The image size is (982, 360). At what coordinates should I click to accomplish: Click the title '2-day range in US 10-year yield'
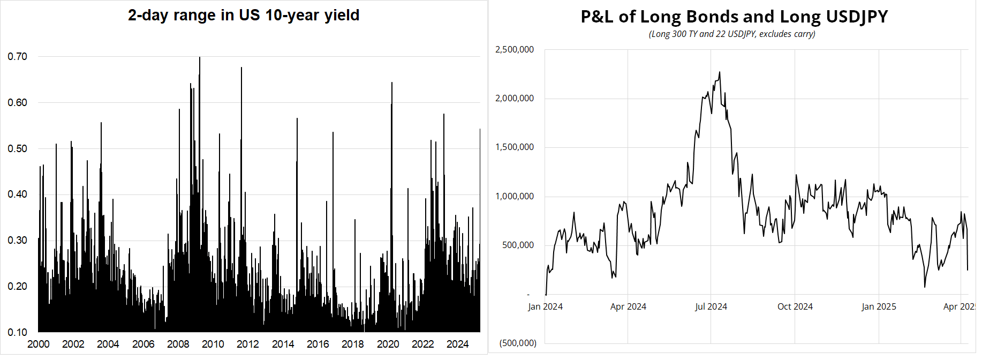244,15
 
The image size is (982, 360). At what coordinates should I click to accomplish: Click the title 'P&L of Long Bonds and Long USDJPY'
734,17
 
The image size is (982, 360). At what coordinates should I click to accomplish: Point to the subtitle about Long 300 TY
732,34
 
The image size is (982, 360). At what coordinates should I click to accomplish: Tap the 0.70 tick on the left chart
18,56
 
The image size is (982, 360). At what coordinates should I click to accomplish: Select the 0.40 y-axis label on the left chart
18,194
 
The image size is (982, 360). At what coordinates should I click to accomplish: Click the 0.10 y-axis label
18,332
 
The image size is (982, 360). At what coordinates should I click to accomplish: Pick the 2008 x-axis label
178,344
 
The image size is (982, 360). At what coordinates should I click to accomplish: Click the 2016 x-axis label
318,344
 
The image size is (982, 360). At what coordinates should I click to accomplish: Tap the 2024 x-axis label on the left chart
458,344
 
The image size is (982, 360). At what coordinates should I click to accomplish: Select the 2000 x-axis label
39,344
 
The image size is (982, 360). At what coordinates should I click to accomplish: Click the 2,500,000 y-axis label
515,49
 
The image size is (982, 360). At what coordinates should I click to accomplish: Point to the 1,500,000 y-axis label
515,147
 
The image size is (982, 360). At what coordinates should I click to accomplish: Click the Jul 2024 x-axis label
711,306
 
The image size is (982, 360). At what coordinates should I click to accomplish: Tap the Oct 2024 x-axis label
795,306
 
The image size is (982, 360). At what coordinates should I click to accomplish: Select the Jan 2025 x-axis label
879,306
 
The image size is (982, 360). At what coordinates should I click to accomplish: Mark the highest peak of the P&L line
719,72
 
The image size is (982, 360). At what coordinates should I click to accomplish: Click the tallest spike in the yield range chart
200,58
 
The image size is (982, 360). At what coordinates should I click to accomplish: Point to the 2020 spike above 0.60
392,84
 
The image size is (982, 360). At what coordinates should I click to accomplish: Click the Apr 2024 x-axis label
628,306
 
